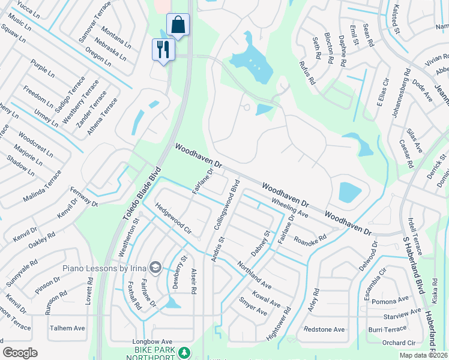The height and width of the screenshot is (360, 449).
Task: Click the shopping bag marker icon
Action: point(178,25)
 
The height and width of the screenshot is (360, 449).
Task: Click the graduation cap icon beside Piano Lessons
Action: point(155,266)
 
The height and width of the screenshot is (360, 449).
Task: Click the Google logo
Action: point(20,352)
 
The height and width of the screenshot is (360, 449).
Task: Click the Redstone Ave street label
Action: point(324,329)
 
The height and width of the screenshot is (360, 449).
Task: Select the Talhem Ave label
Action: point(67,328)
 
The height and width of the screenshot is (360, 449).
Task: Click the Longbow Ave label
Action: point(148,342)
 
